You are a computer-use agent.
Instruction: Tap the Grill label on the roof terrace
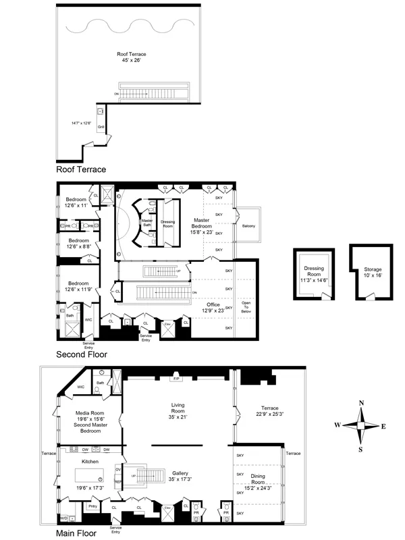coord(100,127)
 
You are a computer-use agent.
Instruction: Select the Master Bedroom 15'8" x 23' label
coord(202,225)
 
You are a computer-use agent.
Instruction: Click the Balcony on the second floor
coord(248,226)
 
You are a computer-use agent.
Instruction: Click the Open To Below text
coord(247,307)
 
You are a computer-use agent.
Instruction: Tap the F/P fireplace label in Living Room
coord(178,379)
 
